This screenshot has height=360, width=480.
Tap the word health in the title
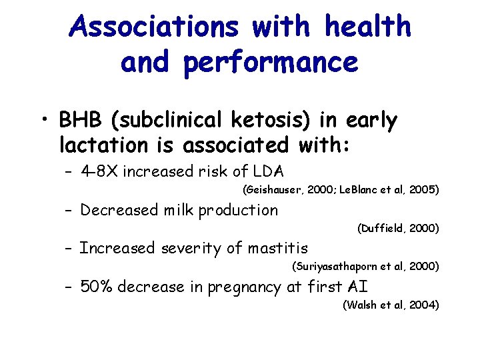coord(367,27)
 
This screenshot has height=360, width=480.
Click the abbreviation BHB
coord(76,121)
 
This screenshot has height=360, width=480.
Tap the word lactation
coord(102,144)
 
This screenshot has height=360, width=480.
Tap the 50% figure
coord(95,287)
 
